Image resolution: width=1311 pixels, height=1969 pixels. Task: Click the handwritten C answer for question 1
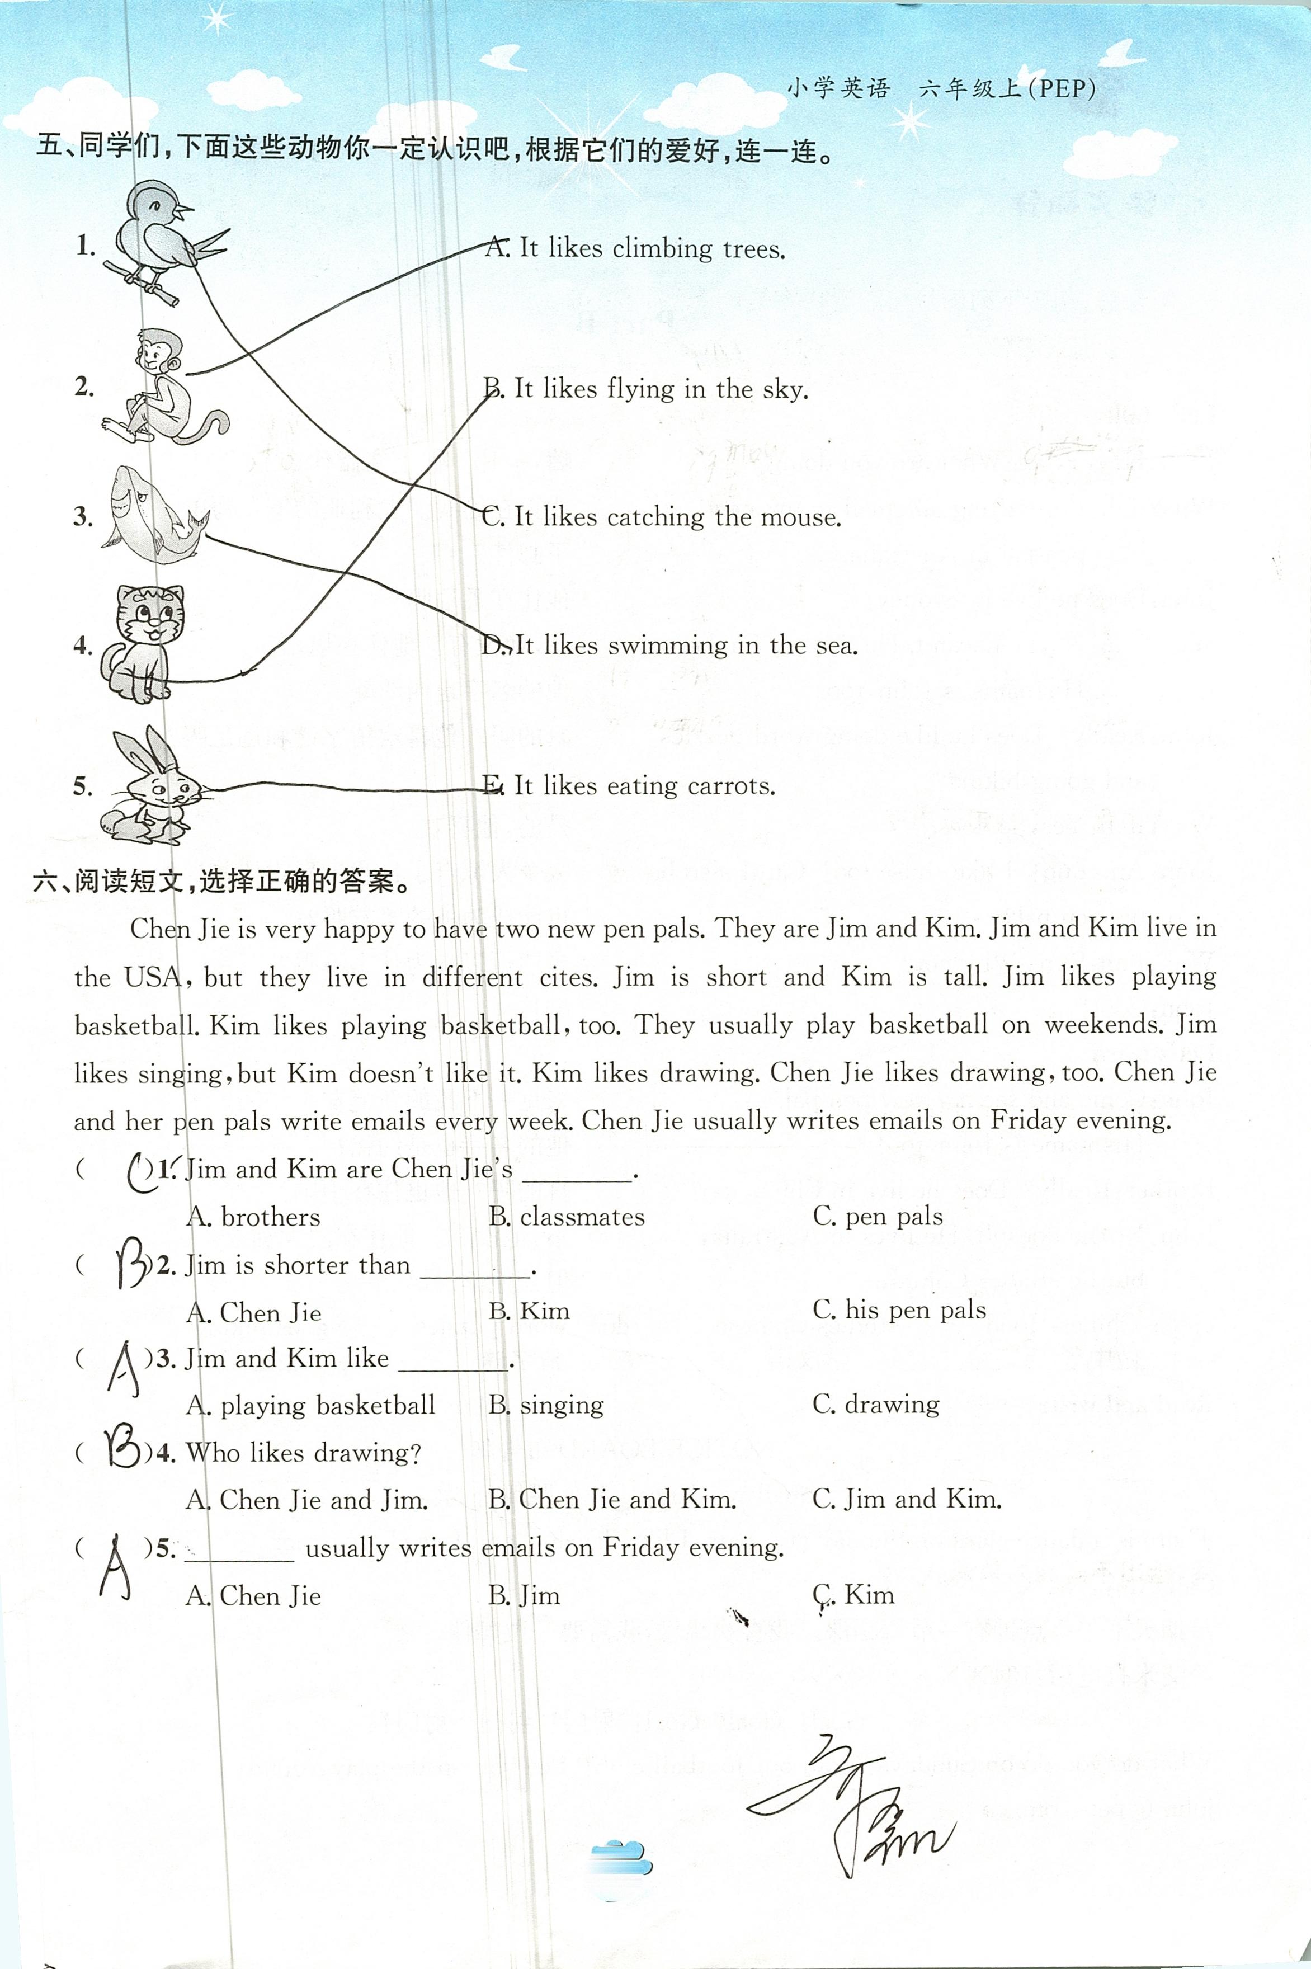coord(138,1171)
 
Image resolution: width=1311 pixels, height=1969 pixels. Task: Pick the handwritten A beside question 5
coord(115,1568)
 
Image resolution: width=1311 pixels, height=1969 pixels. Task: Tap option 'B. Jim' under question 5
coord(524,1596)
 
